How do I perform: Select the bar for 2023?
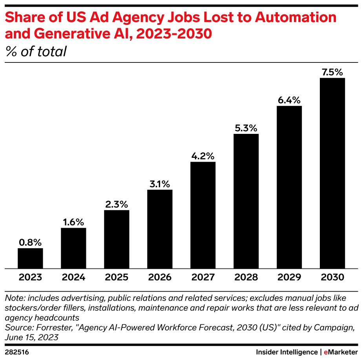[30, 258]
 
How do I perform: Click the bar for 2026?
[160, 229]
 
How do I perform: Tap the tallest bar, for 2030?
[332, 173]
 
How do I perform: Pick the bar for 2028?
[246, 201]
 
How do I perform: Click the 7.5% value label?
[332, 72]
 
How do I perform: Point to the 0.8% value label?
[30, 242]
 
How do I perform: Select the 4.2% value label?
[203, 156]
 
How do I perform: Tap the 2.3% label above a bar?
[117, 204]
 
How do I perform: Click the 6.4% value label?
[289, 100]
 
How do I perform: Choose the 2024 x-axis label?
[73, 278]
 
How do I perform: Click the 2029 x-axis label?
[289, 278]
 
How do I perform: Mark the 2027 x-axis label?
[203, 278]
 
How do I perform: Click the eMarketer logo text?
[341, 351]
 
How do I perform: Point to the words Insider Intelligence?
[286, 351]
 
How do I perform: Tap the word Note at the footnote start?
[13, 299]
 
